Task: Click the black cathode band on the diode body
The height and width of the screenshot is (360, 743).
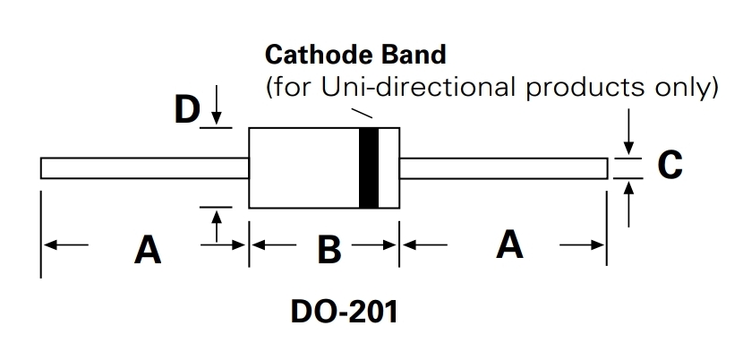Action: pyautogui.click(x=369, y=167)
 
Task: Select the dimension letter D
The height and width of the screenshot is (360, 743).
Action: pyautogui.click(x=186, y=111)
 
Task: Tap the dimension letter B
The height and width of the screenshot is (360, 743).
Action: pyautogui.click(x=329, y=250)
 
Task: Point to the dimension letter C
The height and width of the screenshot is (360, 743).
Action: pyautogui.click(x=670, y=166)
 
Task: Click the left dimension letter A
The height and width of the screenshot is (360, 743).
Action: pyautogui.click(x=148, y=249)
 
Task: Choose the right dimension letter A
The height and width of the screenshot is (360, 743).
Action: pyautogui.click(x=509, y=244)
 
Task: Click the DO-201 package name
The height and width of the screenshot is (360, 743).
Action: pyautogui.click(x=343, y=313)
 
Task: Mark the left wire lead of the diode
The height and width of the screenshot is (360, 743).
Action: pyautogui.click(x=143, y=168)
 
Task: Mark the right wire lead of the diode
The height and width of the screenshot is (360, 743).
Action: pyautogui.click(x=503, y=167)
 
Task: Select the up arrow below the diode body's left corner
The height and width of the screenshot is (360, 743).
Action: pyautogui.click(x=216, y=224)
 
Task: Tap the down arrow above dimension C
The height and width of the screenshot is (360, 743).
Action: pyautogui.click(x=630, y=134)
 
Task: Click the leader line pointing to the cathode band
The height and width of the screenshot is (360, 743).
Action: pyautogui.click(x=363, y=114)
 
